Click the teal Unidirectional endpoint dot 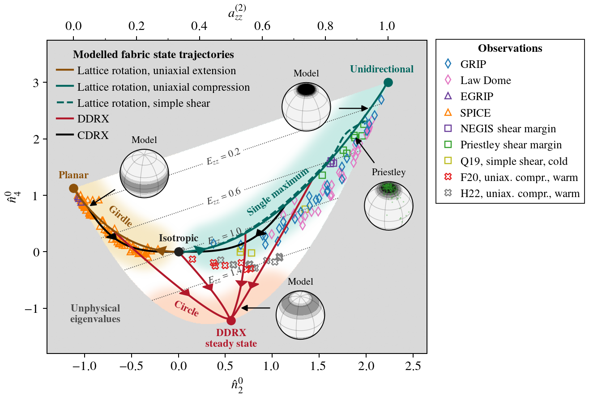tap(388, 82)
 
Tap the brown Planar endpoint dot tap(73, 189)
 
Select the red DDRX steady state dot tap(231, 320)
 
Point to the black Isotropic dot tap(179, 252)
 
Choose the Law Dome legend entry tap(485, 80)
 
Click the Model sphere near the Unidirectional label tap(306, 106)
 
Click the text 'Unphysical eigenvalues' tap(95, 313)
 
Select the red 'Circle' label tap(186, 308)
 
